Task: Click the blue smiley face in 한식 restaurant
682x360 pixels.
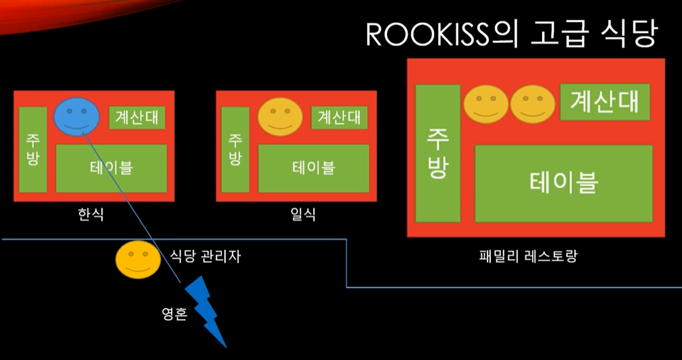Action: coord(78,116)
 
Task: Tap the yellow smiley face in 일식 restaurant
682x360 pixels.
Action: coord(280,116)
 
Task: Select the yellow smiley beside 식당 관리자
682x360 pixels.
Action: coord(138,260)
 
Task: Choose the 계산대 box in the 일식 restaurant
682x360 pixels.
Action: coord(339,116)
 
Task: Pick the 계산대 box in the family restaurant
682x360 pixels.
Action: coord(604,102)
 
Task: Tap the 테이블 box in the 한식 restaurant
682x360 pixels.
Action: coord(111,168)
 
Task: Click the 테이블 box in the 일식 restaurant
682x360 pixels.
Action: coord(313,168)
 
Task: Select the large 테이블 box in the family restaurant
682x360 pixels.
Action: coord(564,183)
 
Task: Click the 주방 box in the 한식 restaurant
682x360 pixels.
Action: coord(33,149)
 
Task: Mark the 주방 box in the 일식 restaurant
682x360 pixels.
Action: coord(235,149)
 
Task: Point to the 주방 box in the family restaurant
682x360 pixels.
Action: coord(438,154)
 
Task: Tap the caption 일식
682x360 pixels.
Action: coord(303,214)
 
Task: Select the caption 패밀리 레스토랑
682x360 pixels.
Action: coord(528,257)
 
